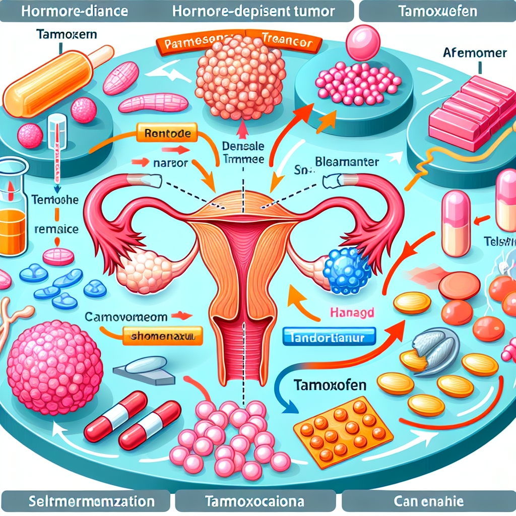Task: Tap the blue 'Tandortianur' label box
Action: coord(330,336)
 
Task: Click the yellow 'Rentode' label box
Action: coord(164,135)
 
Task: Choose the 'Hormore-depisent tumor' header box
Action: coord(254,11)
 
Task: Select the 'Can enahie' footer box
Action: coord(428,502)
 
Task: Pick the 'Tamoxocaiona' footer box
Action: coord(254,502)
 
